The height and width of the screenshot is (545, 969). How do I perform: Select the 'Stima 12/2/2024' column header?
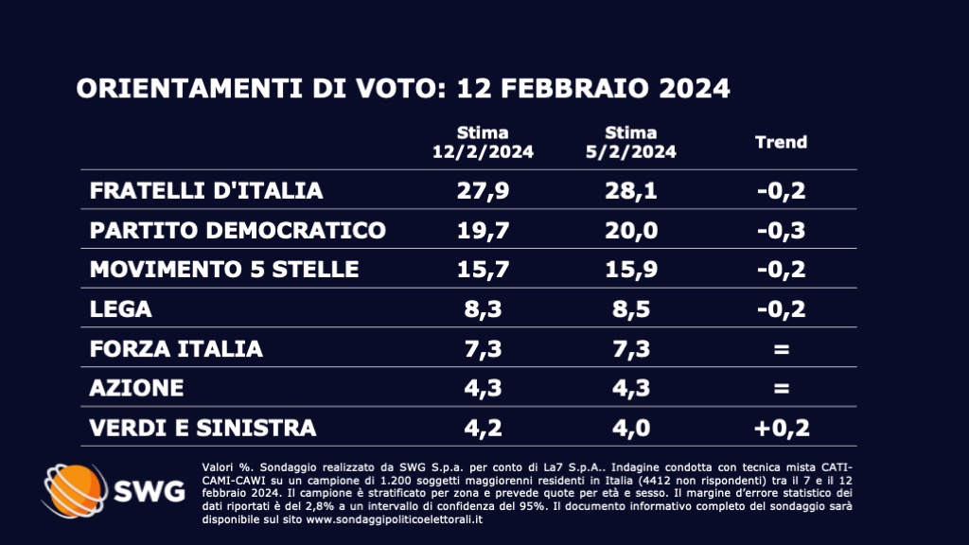(483, 142)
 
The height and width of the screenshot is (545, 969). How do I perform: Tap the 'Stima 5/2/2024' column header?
(631, 142)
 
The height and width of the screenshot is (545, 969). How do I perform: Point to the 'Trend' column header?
(781, 142)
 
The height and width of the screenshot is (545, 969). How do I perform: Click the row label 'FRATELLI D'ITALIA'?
(206, 190)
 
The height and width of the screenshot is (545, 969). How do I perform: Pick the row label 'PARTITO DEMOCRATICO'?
(238, 230)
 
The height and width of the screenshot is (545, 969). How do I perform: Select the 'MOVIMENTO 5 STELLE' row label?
(224, 270)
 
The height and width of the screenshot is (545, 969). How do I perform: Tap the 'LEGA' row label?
(120, 309)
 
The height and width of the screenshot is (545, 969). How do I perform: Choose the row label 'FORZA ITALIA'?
(176, 349)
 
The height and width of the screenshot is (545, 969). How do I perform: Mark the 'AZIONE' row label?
(136, 388)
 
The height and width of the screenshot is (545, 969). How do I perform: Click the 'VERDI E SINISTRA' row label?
(203, 428)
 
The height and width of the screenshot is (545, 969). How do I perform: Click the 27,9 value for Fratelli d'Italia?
(483, 190)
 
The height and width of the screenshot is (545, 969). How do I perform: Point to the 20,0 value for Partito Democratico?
(631, 230)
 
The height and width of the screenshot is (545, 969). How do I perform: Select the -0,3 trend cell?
(781, 230)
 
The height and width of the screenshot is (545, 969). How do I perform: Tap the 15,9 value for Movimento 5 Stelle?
(631, 270)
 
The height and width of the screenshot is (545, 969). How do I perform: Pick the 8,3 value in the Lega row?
(483, 309)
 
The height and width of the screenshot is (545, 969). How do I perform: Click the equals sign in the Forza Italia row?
(781, 349)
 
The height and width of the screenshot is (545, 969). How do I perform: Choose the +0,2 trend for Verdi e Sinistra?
(781, 428)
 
